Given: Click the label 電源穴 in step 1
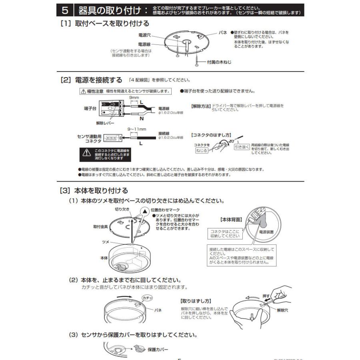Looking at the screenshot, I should pyautogui.click(x=144, y=35).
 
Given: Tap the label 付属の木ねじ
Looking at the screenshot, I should pyautogui.click(x=219, y=62).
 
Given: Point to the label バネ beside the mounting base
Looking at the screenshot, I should pyautogui.click(x=223, y=32).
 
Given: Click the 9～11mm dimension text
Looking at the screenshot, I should pyautogui.click(x=137, y=129).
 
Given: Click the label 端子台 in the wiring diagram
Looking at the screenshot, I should pyautogui.click(x=90, y=108).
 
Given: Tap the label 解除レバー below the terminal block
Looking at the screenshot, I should pyautogui.click(x=105, y=123).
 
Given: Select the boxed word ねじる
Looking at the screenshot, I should pyautogui.click(x=202, y=151).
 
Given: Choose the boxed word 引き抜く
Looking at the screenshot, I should pyautogui.click(x=241, y=147).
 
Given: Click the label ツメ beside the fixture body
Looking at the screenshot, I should pyautogui.click(x=106, y=242).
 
